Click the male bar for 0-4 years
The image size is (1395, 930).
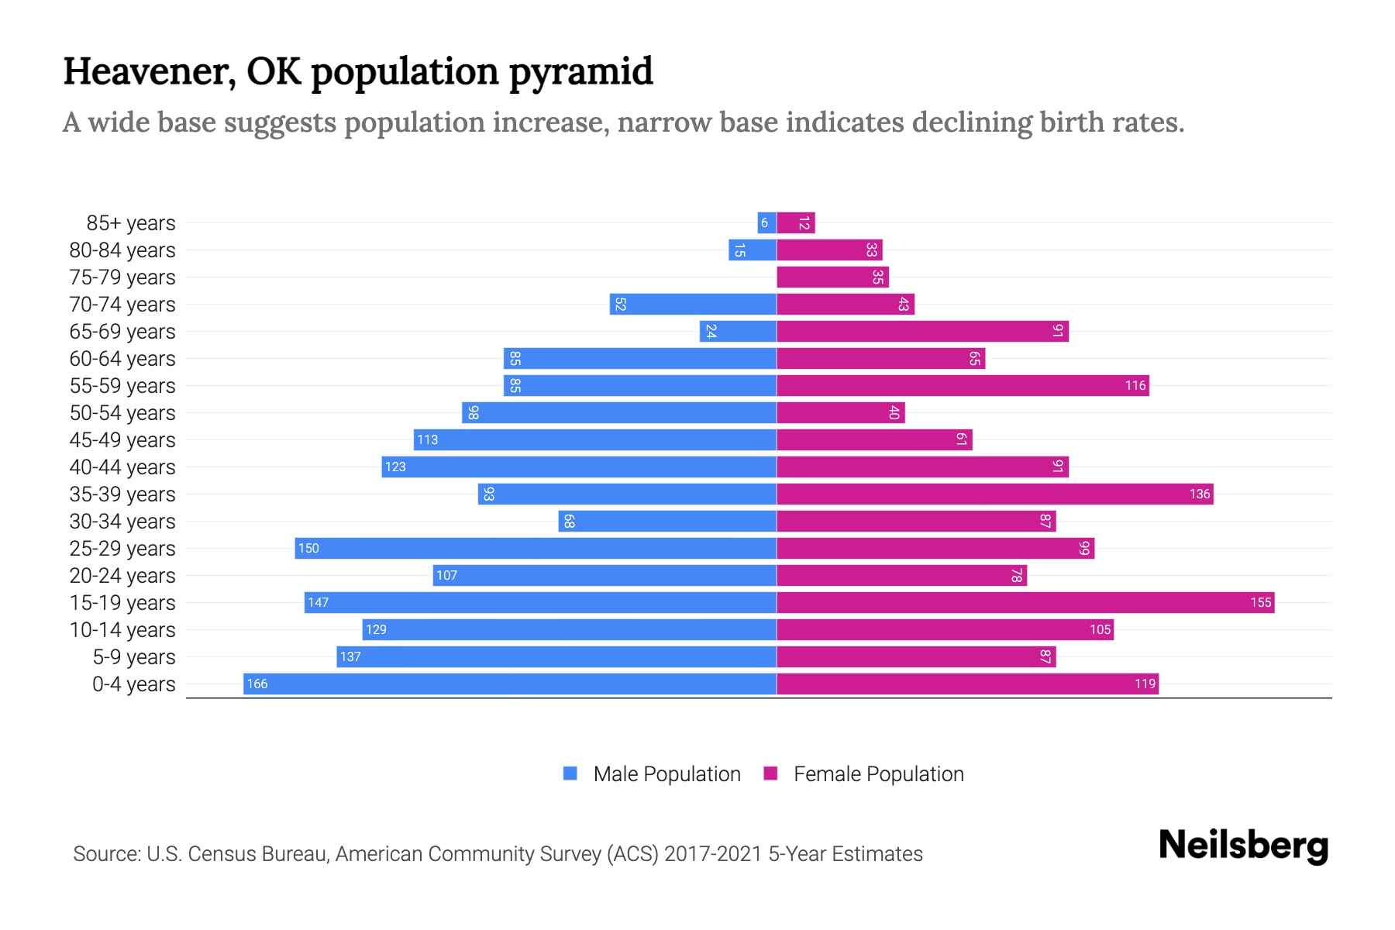[x=510, y=684]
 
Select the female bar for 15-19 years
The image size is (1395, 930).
[x=1025, y=602]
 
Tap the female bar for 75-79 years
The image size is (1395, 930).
[x=832, y=277]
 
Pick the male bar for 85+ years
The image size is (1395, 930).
[x=766, y=223]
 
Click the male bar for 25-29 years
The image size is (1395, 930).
[x=536, y=548]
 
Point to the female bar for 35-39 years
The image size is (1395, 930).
[x=994, y=494]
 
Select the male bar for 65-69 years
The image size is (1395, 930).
[x=738, y=332]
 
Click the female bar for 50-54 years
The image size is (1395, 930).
[x=840, y=412]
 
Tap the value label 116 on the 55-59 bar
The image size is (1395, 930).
[x=1135, y=386]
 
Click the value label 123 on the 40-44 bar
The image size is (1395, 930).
[x=395, y=467]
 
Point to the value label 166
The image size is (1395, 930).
[x=257, y=684]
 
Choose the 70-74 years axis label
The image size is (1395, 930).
[x=122, y=305]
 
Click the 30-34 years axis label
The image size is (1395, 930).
[x=122, y=522]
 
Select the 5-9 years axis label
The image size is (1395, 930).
[x=134, y=657]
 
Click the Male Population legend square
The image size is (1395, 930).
[x=570, y=773]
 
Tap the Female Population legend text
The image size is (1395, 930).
[x=878, y=774]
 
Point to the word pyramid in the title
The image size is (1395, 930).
[x=580, y=71]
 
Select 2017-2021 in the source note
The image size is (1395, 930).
[x=713, y=854]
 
